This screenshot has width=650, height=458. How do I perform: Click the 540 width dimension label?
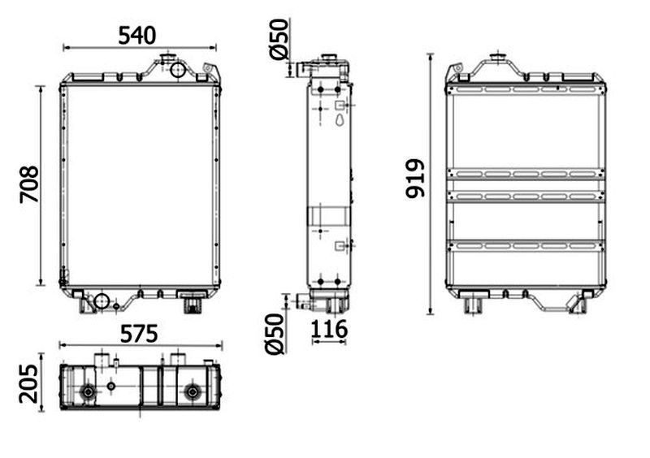click(x=137, y=35)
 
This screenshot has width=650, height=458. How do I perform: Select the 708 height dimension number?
click(x=29, y=184)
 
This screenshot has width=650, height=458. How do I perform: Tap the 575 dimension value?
click(x=139, y=334)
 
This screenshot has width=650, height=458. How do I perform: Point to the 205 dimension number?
click(x=28, y=384)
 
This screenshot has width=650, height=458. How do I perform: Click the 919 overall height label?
click(x=415, y=178)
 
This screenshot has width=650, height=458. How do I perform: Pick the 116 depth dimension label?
click(x=329, y=329)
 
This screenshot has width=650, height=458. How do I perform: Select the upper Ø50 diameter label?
click(x=279, y=39)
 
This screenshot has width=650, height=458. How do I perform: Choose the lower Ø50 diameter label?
click(x=275, y=334)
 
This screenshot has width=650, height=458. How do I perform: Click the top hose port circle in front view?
click(x=177, y=69)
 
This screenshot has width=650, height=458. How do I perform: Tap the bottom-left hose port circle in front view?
click(x=101, y=301)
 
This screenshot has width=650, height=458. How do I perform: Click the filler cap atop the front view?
click(x=167, y=57)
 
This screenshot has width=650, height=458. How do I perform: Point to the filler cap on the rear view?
click(x=497, y=58)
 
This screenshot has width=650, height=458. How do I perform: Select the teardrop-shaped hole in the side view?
click(x=340, y=120)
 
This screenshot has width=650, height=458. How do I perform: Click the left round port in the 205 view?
click(x=89, y=391)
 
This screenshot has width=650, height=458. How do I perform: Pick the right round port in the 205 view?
click(x=192, y=391)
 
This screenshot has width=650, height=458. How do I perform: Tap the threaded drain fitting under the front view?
click(x=192, y=305)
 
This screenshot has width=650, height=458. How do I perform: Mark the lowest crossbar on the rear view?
click(x=526, y=246)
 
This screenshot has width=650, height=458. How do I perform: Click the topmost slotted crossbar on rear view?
click(x=526, y=89)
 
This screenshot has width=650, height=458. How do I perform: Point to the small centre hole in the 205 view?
click(x=110, y=386)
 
